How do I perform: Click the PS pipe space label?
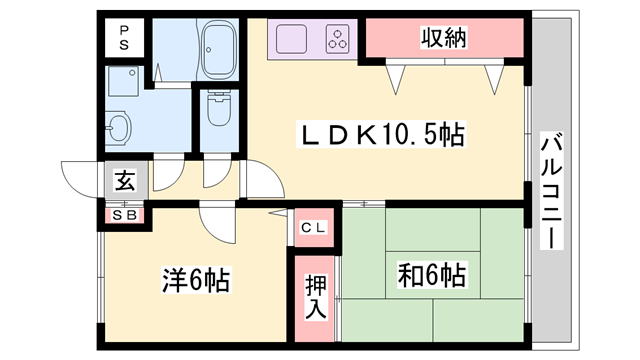pos(125,38)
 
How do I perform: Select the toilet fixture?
pos(216,112)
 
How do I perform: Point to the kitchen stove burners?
pos(337,42)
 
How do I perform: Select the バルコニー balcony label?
pos(551,190)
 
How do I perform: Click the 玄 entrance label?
pos(125,181)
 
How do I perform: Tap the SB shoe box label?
pos(125,214)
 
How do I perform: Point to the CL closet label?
pos(313,229)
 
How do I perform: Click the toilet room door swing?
pos(213,173)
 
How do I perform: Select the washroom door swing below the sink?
pos(170,173)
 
